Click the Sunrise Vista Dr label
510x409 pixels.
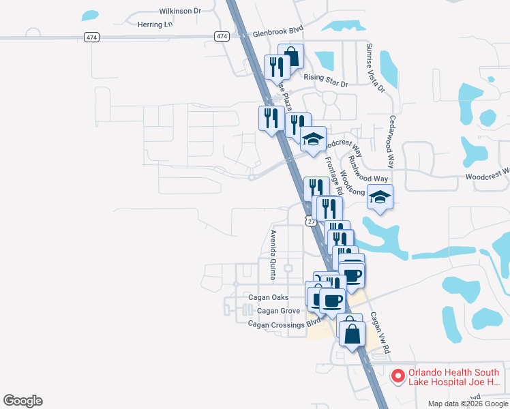point(374,68)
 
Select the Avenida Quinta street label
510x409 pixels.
point(272,254)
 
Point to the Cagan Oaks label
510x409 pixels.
point(269,298)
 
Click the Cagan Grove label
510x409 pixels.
point(279,311)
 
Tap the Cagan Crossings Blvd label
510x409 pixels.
point(284,324)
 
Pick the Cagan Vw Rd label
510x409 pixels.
point(379,332)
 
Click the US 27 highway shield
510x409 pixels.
point(311,222)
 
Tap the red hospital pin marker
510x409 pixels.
point(397,375)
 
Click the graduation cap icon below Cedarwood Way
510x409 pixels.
point(380,198)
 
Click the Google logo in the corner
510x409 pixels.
point(22,401)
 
